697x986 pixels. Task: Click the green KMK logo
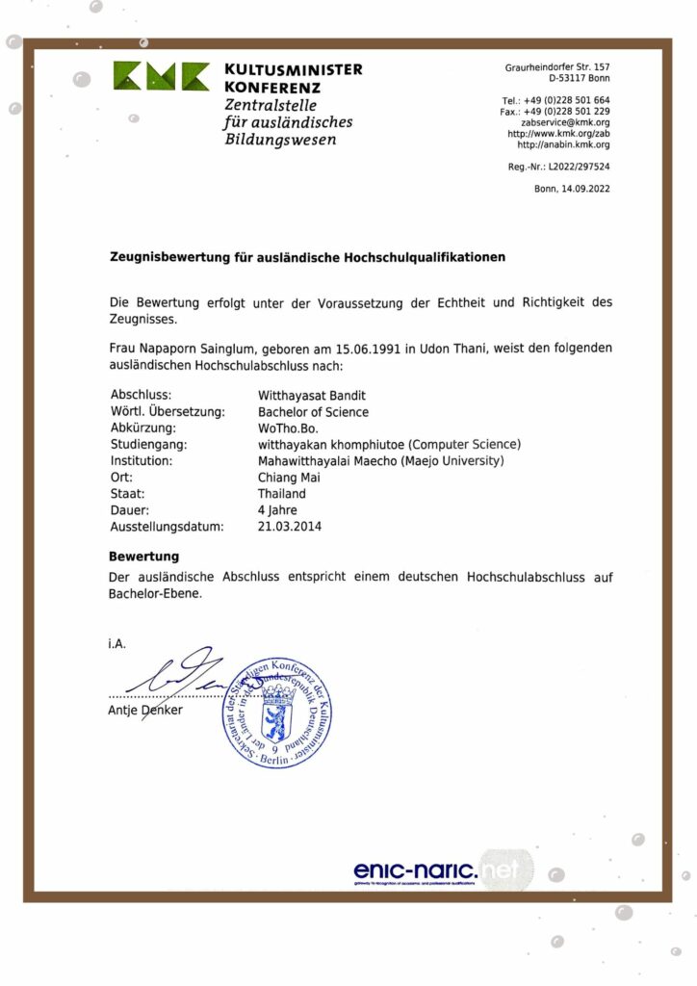[x=161, y=77]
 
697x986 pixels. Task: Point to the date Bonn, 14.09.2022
[x=572, y=189]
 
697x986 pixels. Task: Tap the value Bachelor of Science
[x=313, y=411]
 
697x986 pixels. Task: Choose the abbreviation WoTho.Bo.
[x=288, y=428]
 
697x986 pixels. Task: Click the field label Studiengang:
[x=148, y=444]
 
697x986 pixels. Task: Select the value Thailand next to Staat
[x=281, y=493]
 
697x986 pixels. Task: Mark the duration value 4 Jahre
[x=277, y=509]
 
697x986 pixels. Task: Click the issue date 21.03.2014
[x=290, y=526]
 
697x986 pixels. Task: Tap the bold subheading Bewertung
[x=143, y=557]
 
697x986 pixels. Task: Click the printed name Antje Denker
[x=145, y=711]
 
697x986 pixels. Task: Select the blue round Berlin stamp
[x=277, y=714]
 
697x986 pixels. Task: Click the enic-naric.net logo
[x=436, y=870]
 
